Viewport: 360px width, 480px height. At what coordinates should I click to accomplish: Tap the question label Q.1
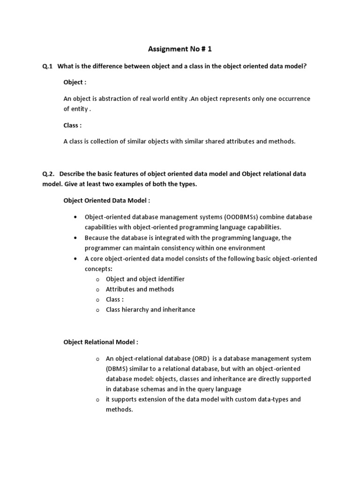47,67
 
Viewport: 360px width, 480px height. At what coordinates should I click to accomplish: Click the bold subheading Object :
75,82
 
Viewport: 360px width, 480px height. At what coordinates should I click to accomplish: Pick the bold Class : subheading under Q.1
73,125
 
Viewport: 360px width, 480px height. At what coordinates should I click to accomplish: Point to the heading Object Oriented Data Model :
107,200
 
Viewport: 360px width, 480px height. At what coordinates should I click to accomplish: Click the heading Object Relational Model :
101,342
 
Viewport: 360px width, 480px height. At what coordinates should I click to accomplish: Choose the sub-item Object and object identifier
145,279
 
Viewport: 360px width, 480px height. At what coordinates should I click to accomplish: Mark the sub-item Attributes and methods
140,289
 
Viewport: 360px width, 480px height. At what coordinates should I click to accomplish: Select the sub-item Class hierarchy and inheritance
150,310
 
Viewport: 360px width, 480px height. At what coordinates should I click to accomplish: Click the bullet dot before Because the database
75,238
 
